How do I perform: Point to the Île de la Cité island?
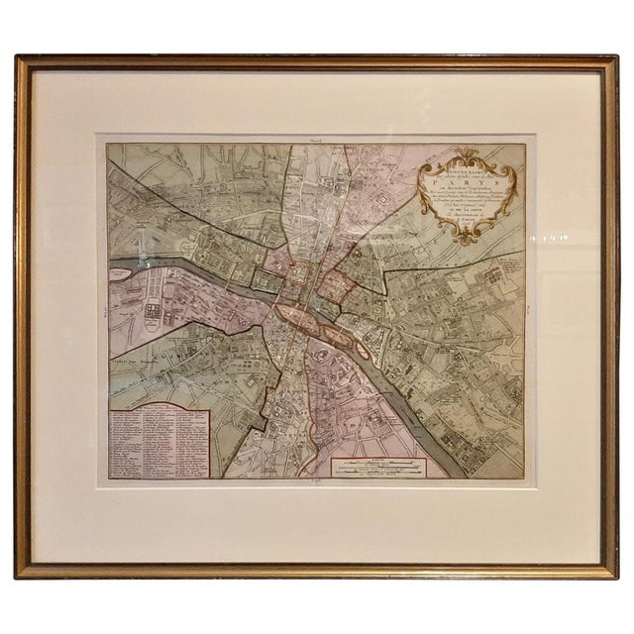pos(296,314)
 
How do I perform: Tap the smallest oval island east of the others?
pos(369,350)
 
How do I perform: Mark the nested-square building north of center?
pos(379,206)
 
